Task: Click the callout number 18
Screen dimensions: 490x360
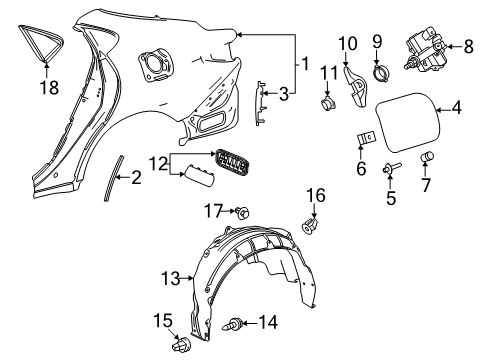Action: [x=49, y=87]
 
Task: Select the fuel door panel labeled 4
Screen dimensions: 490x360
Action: [x=406, y=122]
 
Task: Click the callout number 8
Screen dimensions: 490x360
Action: [x=468, y=46]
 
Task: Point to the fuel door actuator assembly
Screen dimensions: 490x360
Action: [x=425, y=51]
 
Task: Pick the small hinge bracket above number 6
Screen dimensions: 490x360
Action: [x=366, y=138]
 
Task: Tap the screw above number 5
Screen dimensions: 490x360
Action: [x=392, y=168]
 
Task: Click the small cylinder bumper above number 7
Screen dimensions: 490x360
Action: [x=427, y=156]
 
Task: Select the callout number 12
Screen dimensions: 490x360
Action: [x=158, y=164]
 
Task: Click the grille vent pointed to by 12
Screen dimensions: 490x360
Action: [x=232, y=162]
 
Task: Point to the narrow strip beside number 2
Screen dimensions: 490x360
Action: [x=113, y=178]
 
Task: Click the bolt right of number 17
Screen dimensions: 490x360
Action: [x=242, y=212]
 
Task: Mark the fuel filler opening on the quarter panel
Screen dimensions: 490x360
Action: [x=156, y=63]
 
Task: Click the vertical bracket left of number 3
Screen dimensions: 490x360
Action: [x=260, y=103]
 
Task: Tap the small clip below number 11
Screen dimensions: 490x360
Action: [x=328, y=103]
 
